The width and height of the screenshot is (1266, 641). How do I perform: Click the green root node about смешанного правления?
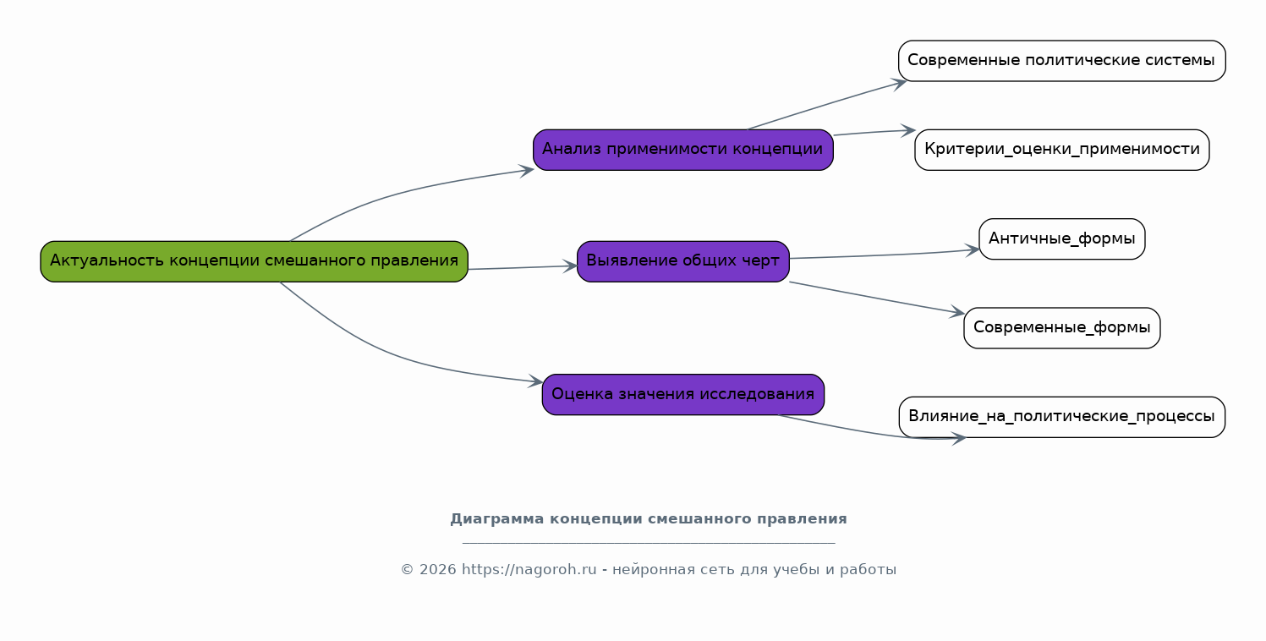254,261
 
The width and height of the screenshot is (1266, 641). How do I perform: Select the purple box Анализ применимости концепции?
682,150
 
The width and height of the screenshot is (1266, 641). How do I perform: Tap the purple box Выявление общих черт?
682,261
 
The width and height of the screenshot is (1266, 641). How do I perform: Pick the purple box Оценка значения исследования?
682,395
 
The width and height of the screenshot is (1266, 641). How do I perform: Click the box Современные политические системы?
1061,61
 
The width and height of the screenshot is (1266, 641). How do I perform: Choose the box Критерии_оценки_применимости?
1061,150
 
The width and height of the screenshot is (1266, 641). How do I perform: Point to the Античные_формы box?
1061,239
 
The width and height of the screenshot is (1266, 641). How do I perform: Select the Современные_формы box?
1061,328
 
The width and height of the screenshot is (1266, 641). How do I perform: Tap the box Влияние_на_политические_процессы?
1061,417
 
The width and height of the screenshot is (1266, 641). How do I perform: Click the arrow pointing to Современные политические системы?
826,105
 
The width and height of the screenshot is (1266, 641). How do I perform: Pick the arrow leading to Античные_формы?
885,255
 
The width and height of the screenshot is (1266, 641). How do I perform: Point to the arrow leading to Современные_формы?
877,298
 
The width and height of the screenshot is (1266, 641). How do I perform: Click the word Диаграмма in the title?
496,519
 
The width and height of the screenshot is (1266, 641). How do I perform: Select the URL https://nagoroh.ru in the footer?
529,569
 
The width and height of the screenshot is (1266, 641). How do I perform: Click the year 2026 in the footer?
437,569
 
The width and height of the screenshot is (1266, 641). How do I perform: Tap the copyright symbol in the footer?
407,570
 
